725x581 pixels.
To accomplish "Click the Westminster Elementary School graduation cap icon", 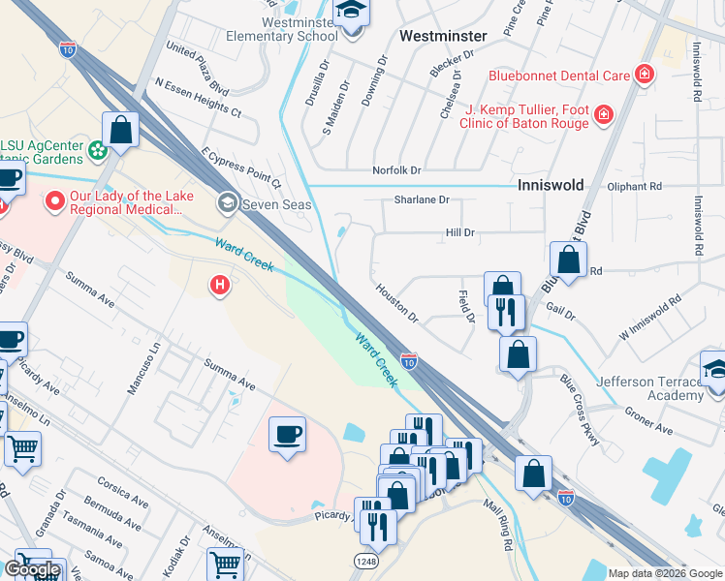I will tap(349, 14).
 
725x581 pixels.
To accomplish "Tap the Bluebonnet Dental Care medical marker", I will tap(642, 75).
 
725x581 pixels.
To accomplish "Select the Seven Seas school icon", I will tap(228, 201).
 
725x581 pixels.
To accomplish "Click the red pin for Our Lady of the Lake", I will tap(54, 202).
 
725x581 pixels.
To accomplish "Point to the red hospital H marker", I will tap(221, 286).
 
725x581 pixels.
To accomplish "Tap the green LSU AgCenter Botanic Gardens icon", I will tap(97, 150).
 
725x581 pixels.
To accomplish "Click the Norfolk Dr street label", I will tap(397, 170).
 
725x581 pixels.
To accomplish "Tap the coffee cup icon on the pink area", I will tap(287, 435).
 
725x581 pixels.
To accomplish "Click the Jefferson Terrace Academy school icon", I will tap(714, 369).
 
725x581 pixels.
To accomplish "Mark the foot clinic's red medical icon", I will tap(603, 116).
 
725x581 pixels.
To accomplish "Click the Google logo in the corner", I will tap(32, 569).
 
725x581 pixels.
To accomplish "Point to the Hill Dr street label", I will tap(459, 232).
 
